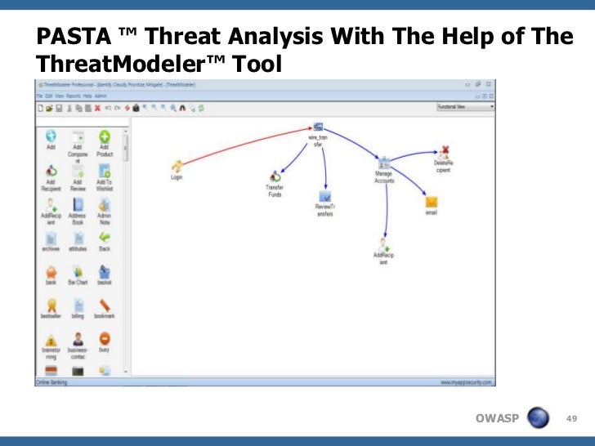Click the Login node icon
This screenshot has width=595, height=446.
pos(177,166)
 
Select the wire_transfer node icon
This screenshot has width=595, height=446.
pos(317,127)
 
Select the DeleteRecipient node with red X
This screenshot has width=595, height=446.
pos(444,150)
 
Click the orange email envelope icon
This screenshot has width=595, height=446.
pos(432,202)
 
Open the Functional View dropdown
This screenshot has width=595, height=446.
pos(465,106)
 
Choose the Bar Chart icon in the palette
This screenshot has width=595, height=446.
pos(78,271)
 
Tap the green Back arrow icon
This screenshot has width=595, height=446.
pos(104,238)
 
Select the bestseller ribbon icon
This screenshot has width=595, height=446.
pos(51,305)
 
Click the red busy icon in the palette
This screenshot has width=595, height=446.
pos(104,338)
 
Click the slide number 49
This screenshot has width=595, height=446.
pos(571,418)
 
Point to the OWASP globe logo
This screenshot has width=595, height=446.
pos(538,418)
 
